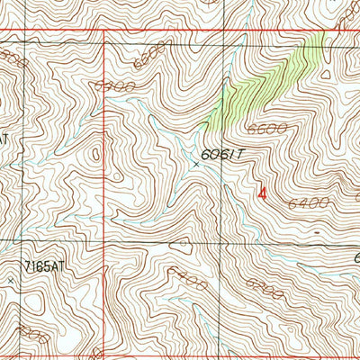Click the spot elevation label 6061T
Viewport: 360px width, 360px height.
(224, 156)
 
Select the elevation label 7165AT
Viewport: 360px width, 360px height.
(47, 267)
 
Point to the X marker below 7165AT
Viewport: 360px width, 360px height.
(11, 281)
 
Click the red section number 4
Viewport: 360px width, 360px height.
(262, 192)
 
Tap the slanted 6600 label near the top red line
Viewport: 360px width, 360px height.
(148, 57)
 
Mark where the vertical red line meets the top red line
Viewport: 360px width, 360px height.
(105, 31)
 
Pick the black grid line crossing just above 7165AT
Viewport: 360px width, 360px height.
(20, 241)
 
